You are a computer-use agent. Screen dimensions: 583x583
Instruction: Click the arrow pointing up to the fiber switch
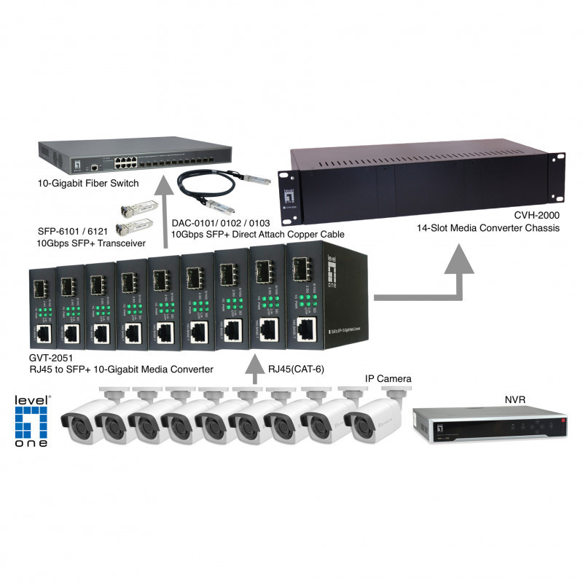tap(166, 219)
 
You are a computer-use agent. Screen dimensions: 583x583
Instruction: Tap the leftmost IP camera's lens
tap(74, 423)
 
